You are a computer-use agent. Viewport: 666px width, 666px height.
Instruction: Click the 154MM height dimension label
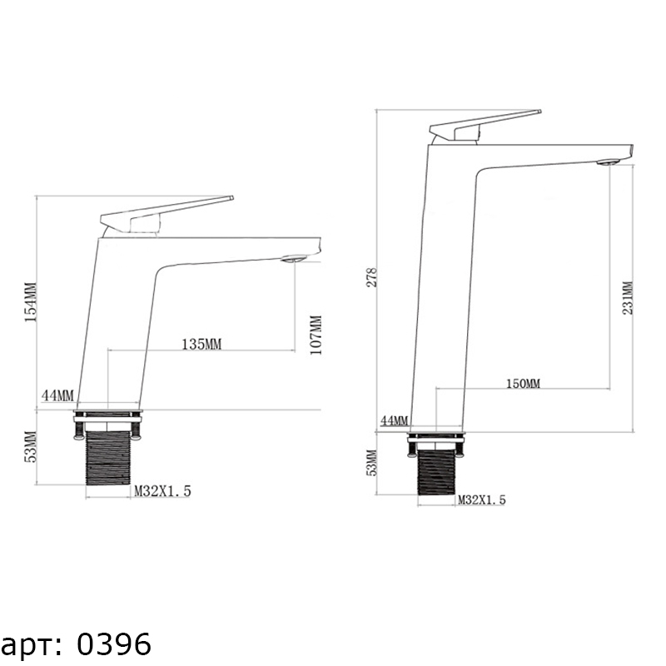coord(31,302)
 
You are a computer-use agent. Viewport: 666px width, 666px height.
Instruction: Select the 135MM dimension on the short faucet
coord(201,344)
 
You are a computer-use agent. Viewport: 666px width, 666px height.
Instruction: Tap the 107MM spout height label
coord(316,335)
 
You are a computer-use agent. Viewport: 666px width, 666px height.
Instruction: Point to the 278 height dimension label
coord(371,277)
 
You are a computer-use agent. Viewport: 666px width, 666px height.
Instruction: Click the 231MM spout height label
coord(628,298)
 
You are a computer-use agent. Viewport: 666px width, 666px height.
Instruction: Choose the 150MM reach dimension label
coord(524,384)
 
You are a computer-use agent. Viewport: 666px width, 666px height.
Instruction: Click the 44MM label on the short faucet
coord(57,395)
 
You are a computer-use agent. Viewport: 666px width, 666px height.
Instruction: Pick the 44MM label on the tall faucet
coord(394,420)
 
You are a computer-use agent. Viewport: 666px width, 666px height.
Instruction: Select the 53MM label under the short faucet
coord(32,446)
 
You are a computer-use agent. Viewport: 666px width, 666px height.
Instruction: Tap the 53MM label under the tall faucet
coord(370,463)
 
